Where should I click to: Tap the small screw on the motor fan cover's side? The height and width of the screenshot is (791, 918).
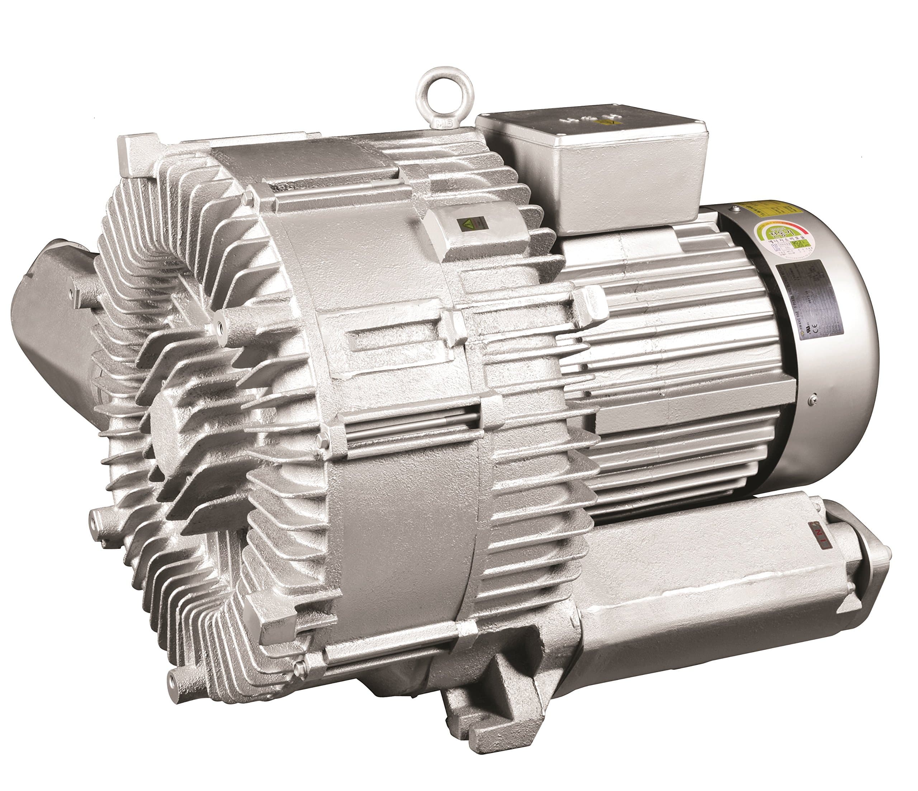click(810, 399)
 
